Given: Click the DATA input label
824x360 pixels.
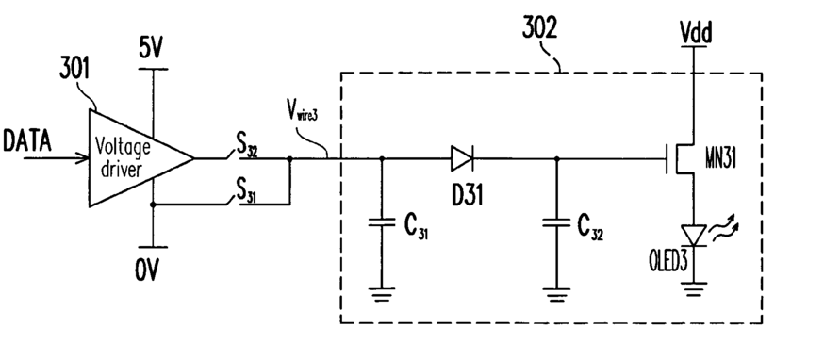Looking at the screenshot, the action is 27,141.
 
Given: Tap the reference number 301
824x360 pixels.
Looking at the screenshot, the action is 74,69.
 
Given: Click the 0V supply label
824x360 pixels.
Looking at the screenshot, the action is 147,270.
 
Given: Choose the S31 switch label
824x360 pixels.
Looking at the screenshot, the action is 247,192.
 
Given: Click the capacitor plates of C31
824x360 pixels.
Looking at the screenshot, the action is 382,222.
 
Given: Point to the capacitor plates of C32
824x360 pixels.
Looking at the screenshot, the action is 556,222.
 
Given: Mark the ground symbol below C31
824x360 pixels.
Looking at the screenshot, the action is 382,294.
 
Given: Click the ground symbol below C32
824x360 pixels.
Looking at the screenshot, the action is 556,294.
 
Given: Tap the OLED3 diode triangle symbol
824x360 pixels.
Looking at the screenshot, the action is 694,236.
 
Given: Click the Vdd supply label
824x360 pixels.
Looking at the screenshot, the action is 695,33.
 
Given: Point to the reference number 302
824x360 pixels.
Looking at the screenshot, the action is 539,28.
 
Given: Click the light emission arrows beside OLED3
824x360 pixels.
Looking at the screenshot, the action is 724,231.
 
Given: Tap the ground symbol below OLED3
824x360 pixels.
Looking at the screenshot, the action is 694,289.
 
